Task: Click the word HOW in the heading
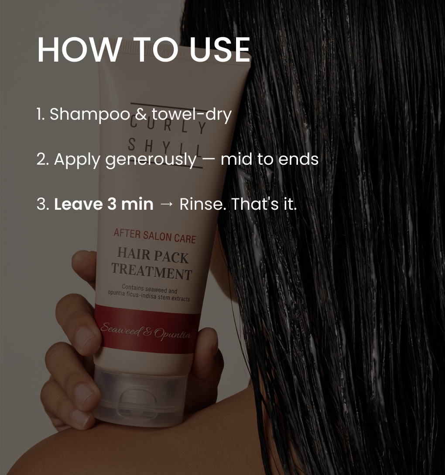coord(79,50)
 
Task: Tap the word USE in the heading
coord(220,50)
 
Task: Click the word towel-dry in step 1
coord(192,114)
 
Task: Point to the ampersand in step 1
coord(140,114)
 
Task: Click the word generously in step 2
coord(151,159)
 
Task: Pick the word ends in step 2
coord(298,159)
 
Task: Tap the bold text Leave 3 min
coord(104,204)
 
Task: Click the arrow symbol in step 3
coord(166,205)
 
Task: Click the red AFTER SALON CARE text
coord(155,236)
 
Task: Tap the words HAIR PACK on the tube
coord(153,255)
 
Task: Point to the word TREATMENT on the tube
coord(151,271)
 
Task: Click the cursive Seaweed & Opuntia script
coord(146,331)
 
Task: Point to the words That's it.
coord(264,204)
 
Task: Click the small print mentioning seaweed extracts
coord(149,293)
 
